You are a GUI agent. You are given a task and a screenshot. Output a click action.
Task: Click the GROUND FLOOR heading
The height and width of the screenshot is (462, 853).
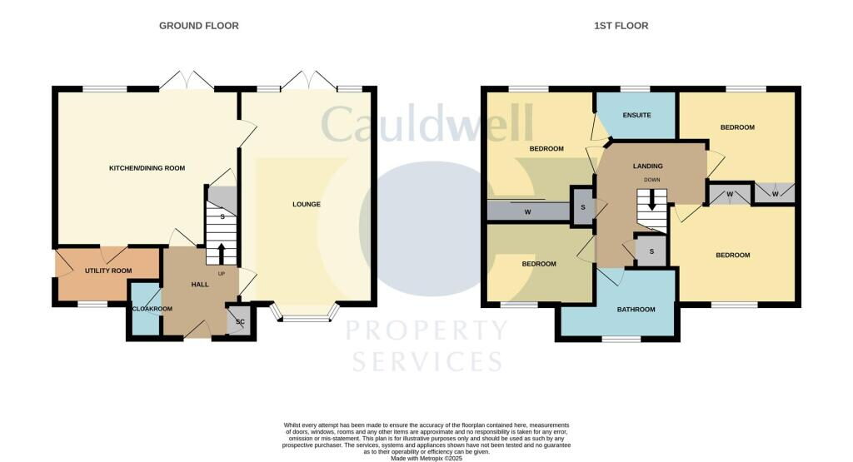[199, 26]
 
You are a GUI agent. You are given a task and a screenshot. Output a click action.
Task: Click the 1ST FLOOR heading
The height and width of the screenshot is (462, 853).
[621, 26]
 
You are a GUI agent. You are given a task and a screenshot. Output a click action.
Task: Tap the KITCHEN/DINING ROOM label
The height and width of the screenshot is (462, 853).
[147, 168]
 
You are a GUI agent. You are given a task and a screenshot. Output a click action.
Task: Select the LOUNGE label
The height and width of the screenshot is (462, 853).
[306, 204]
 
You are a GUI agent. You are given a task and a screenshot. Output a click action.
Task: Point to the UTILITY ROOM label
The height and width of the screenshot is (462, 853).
[108, 271]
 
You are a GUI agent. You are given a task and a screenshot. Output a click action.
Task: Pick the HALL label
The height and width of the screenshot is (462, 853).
[200, 285]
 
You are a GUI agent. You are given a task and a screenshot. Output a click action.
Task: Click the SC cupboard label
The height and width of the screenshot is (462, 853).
[240, 321]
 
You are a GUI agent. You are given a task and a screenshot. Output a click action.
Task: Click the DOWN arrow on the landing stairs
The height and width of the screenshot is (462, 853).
[652, 201]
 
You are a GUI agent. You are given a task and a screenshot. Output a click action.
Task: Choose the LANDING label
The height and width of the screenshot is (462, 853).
[647, 166]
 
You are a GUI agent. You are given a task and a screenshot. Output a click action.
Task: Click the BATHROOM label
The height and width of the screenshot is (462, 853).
[636, 310]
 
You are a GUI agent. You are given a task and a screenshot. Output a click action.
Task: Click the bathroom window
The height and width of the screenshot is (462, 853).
[621, 339]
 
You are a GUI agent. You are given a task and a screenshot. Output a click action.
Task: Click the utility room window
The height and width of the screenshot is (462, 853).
[92, 304]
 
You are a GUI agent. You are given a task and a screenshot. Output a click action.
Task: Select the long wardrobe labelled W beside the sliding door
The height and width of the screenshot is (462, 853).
[527, 211]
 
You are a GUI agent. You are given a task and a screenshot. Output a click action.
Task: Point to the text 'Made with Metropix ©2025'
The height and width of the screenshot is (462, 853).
[426, 456]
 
